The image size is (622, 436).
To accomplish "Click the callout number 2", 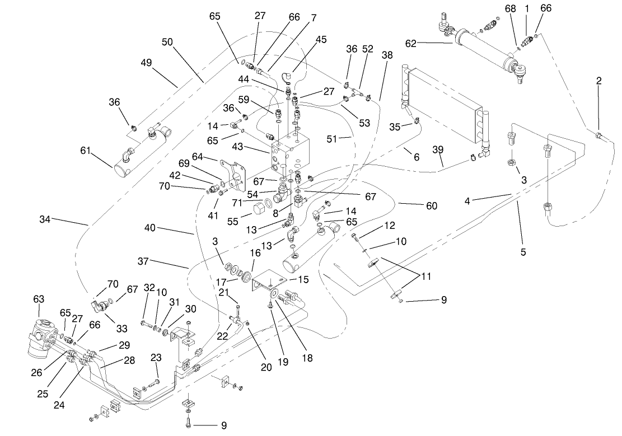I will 599,81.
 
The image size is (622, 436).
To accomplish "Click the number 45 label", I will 321,39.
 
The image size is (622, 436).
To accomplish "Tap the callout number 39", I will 438,148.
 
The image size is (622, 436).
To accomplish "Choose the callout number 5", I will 523,252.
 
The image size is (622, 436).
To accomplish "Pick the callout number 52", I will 367,49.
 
